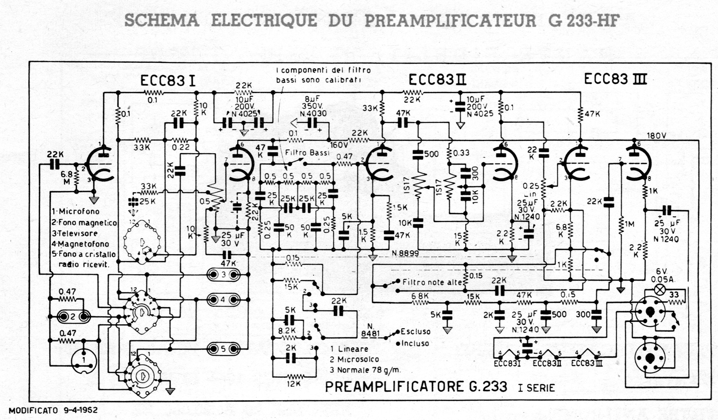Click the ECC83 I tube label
[x=168, y=81]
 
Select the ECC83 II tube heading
[x=437, y=80]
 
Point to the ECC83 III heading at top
[x=615, y=79]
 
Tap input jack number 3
[x=224, y=274]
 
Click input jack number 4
[x=224, y=300]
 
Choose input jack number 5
[x=224, y=349]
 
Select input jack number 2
[x=73, y=317]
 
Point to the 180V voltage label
[x=657, y=136]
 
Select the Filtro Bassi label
[x=307, y=153]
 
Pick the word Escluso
[x=415, y=331]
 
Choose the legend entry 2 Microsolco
[x=355, y=359]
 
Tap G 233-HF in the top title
[x=583, y=21]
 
